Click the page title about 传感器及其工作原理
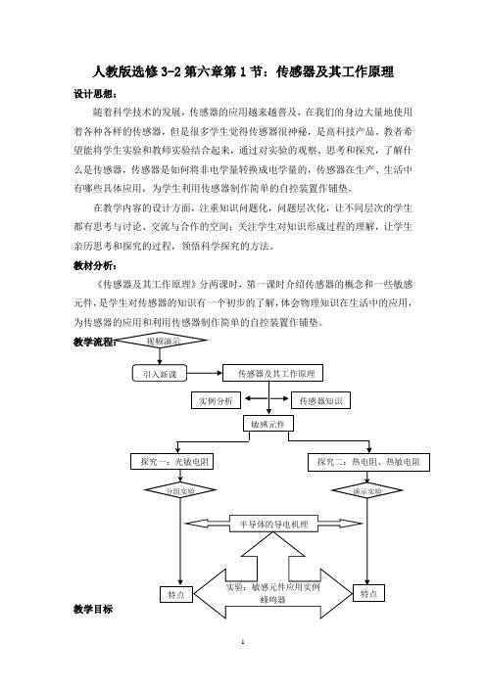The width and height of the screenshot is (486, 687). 243,71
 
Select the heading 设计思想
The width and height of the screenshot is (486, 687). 95,94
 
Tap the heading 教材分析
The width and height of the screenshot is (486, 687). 95,265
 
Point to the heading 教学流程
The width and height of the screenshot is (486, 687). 95,343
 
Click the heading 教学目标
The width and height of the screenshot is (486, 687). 93,609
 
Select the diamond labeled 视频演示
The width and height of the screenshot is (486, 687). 163,341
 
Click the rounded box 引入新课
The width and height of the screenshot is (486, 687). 160,374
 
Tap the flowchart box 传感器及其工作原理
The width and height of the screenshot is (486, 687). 272,373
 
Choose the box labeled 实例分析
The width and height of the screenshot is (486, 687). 216,400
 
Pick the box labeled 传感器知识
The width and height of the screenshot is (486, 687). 320,400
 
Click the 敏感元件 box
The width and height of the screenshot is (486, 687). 268,424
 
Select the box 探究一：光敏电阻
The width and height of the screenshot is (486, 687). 171,461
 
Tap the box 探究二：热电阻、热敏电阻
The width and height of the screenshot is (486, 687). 368,462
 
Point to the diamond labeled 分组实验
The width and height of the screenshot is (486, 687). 180,490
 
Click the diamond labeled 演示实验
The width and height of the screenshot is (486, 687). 367,490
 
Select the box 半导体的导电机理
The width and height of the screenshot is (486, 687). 273,524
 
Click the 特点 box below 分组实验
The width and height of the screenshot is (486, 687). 176,595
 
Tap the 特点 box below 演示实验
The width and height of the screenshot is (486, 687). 368,594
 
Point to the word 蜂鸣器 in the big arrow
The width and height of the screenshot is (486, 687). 272,599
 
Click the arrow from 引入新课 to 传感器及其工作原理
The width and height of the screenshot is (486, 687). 205,373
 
